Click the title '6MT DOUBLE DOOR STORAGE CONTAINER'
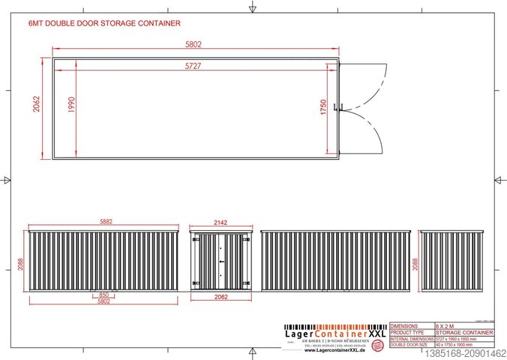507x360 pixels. click(x=104, y=24)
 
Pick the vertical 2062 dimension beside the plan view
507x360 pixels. click(x=36, y=108)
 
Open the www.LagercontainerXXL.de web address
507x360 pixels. click(x=334, y=349)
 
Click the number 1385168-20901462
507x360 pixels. click(x=465, y=353)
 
